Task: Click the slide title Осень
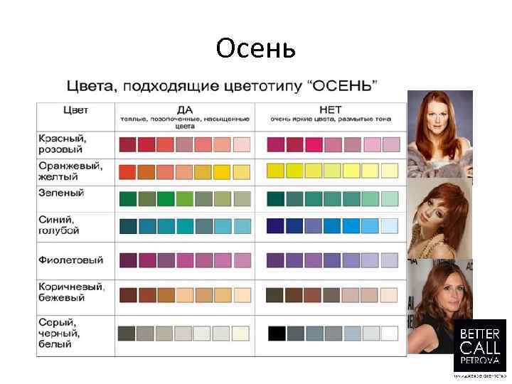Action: point(255,48)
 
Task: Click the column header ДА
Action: point(184,110)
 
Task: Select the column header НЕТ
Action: point(331,110)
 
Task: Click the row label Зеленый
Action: point(61,193)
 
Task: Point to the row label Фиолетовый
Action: point(71,260)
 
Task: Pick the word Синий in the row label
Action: point(55,219)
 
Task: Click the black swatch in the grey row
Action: point(276,333)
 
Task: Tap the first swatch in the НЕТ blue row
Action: point(275,225)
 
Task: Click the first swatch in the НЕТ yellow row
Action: point(275,171)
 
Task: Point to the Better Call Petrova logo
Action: point(481,345)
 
